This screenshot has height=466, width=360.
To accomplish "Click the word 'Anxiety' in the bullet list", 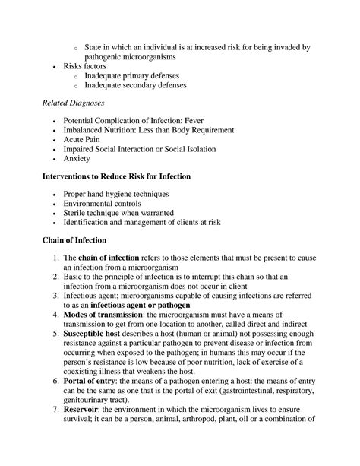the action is click(77, 159).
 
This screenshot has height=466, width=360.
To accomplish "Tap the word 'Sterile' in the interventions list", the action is click(77, 214).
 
